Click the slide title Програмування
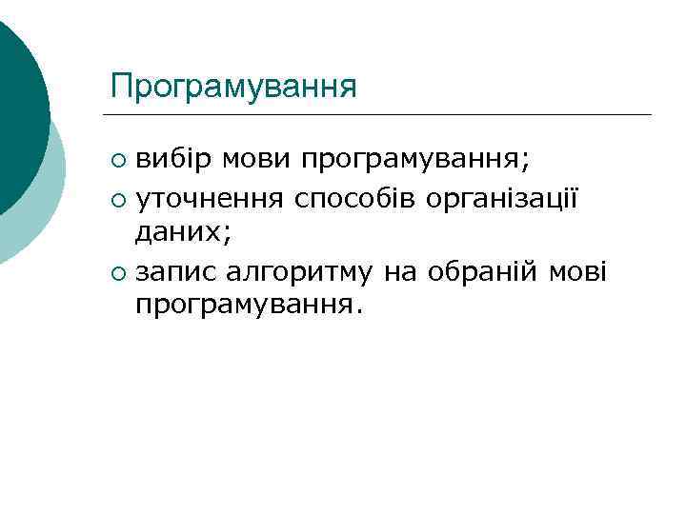[233, 87]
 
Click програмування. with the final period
[250, 306]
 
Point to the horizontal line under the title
[381, 115]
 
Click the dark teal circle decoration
[19, 105]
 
